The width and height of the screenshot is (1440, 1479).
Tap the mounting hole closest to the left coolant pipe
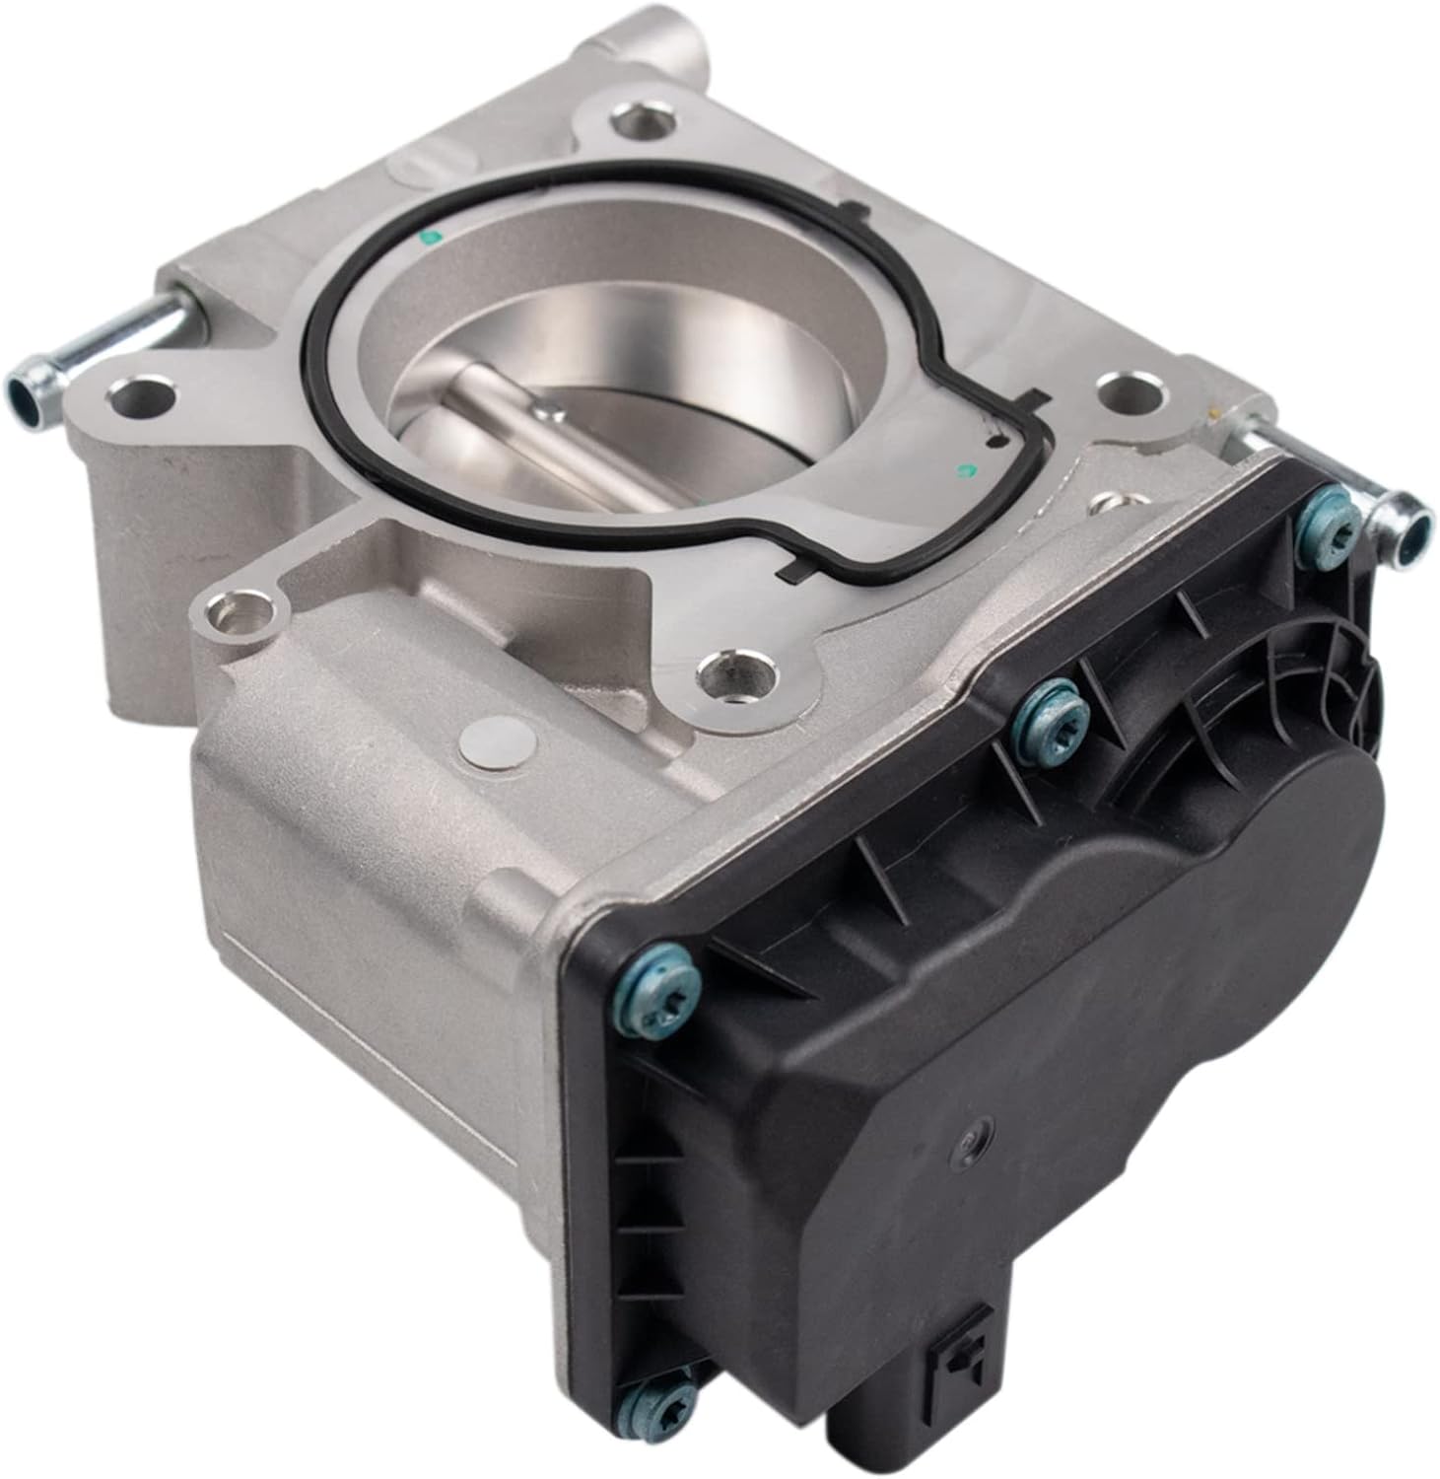click(x=138, y=399)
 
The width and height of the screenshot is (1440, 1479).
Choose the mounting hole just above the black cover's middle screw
click(x=732, y=676)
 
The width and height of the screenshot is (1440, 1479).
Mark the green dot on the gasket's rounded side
click(x=428, y=237)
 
